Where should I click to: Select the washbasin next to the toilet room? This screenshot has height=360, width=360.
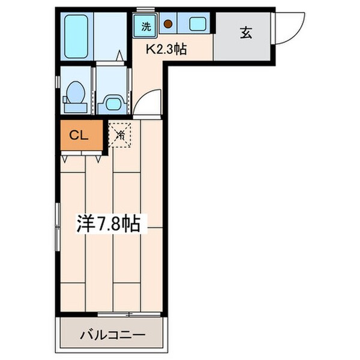(113, 103)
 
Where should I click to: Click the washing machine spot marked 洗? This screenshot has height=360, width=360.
(146, 25)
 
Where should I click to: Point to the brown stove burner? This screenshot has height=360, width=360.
(169, 25)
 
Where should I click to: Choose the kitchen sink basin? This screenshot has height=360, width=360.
(197, 25)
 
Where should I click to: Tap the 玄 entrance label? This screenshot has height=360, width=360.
(246, 33)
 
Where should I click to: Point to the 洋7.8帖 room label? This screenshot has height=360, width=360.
(108, 224)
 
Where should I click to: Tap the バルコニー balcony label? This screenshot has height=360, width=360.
(111, 334)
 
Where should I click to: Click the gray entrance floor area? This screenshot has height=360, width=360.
(243, 45)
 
